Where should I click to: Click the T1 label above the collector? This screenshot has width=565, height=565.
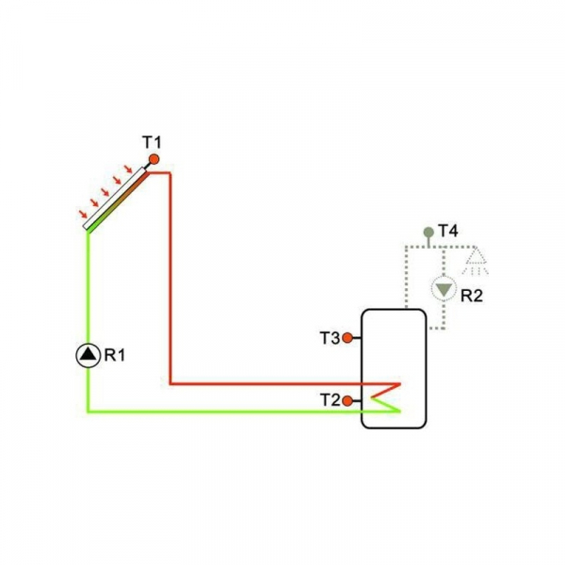153,142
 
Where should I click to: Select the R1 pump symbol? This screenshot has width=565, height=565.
88,355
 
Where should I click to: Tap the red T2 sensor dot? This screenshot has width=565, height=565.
347,401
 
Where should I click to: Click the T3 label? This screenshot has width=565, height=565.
329,337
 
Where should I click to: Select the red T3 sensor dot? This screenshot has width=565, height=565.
347,337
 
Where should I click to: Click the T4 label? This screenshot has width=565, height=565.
448,231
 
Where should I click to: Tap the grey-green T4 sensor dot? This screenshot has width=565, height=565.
428,231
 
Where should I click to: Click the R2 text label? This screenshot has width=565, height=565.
471,295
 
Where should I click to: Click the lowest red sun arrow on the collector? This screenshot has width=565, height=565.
84,215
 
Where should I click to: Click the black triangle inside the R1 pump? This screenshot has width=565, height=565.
88,355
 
